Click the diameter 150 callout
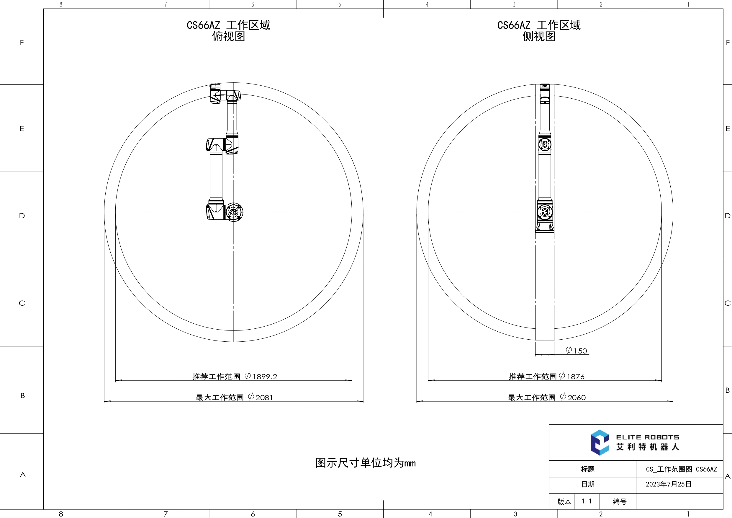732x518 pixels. click(x=577, y=351)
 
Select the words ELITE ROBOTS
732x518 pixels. click(x=648, y=437)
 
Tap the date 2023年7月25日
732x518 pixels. click(x=669, y=484)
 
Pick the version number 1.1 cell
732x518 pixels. click(x=587, y=501)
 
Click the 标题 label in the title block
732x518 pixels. click(x=587, y=469)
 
